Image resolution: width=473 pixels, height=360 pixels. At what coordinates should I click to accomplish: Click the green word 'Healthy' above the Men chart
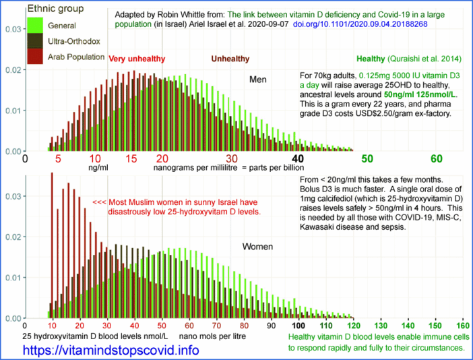click(x=370, y=59)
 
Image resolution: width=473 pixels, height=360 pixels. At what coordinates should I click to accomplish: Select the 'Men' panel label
click(x=257, y=79)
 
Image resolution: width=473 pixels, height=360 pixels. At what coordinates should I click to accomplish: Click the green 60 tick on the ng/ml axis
click(x=436, y=158)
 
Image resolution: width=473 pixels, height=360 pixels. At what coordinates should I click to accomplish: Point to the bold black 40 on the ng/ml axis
click(x=298, y=158)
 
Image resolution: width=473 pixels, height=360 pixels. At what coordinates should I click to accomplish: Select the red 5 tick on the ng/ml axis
click(x=59, y=158)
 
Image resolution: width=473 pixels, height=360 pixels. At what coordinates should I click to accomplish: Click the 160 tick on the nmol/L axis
click(x=462, y=324)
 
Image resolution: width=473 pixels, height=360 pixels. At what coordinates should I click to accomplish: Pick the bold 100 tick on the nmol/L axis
click(x=288, y=324)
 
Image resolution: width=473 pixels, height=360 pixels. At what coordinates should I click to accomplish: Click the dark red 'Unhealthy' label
click(x=230, y=59)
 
